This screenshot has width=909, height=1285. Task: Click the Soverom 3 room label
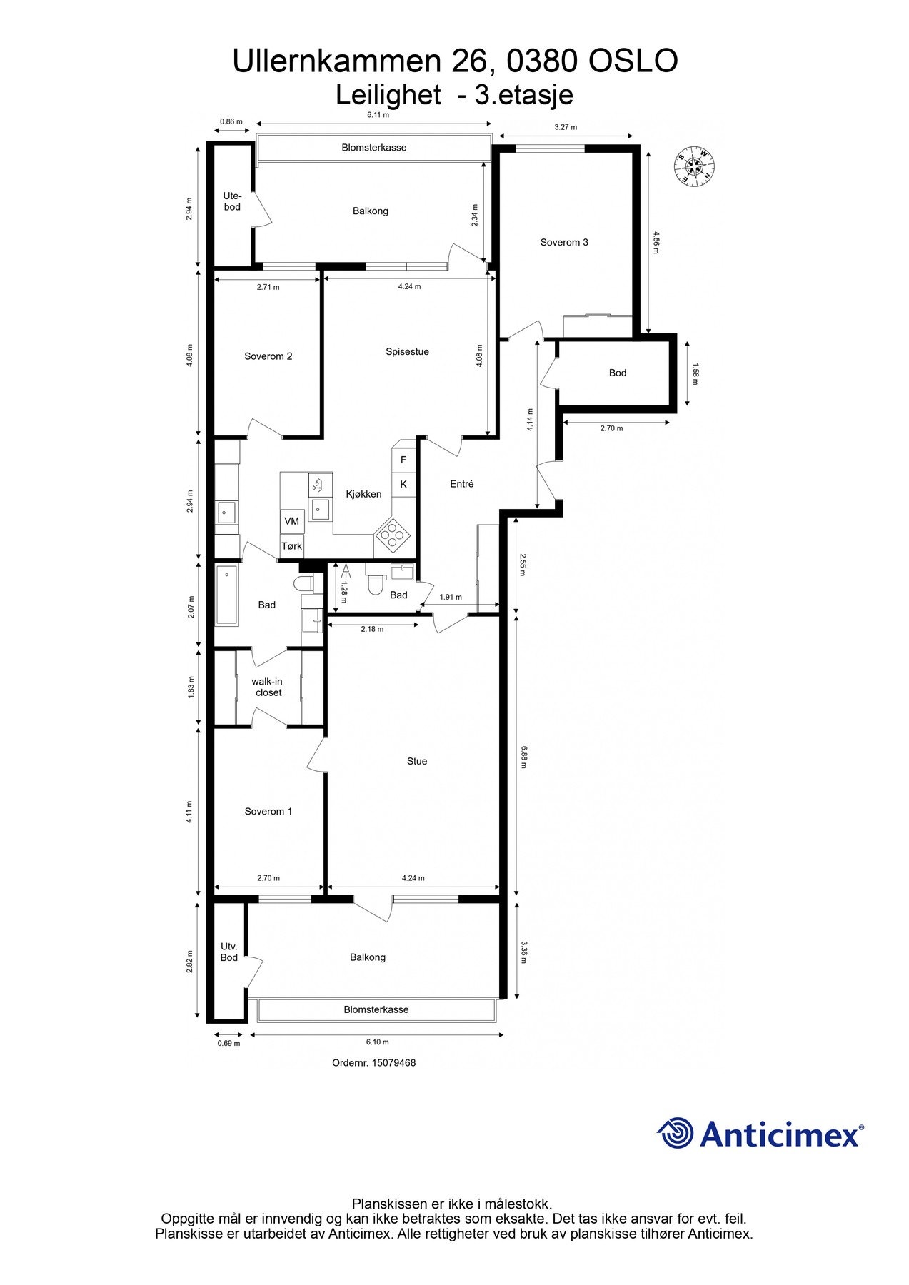coord(564,243)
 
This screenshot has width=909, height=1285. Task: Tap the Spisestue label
coord(407,352)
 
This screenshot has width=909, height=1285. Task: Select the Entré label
coord(462,484)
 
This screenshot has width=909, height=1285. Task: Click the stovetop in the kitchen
coord(392,535)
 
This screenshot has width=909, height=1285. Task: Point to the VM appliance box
coord(292,521)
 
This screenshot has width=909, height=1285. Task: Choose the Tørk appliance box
coord(291,546)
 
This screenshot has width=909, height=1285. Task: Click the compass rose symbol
coord(694,166)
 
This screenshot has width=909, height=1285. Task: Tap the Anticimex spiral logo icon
coord(676,1134)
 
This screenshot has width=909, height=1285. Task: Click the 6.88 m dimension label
coord(524,756)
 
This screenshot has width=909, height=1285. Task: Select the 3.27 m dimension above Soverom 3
coord(566,127)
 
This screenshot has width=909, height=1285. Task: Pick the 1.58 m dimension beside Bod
coord(695,373)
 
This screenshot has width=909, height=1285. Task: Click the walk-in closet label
coord(267,687)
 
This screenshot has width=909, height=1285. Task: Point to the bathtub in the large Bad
coord(227,595)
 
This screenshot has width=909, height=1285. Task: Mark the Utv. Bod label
coord(228,952)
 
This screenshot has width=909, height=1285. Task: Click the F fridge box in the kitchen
coord(403,460)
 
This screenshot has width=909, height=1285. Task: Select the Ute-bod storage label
coord(232,201)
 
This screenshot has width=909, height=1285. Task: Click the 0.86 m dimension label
coord(231,121)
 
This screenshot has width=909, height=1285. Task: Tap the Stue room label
coord(417,762)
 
